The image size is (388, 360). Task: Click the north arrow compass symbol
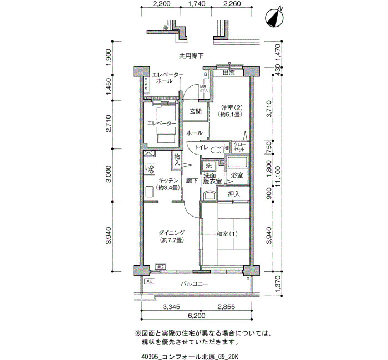coord(274,18)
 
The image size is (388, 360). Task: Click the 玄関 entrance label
coord(196,111)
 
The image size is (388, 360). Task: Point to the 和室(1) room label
coord(227,234)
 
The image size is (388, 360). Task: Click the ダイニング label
coord(171,233)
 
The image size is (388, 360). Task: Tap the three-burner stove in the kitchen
coord(150,169)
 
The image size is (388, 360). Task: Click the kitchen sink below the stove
coord(150,191)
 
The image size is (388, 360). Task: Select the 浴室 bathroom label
coord(237,176)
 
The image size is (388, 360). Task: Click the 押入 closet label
coord(234,194)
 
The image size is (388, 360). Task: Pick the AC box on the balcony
coord(150,281)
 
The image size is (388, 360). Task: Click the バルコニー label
coord(194,284)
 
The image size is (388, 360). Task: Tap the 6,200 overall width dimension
coord(196,316)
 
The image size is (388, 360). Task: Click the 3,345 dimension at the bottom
coord(171,307)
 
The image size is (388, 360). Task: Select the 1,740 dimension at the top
coord(197,4)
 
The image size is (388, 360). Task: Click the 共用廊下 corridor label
coord(191,56)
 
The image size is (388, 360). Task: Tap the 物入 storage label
coord(177,160)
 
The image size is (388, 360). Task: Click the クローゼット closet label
coord(240,147)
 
